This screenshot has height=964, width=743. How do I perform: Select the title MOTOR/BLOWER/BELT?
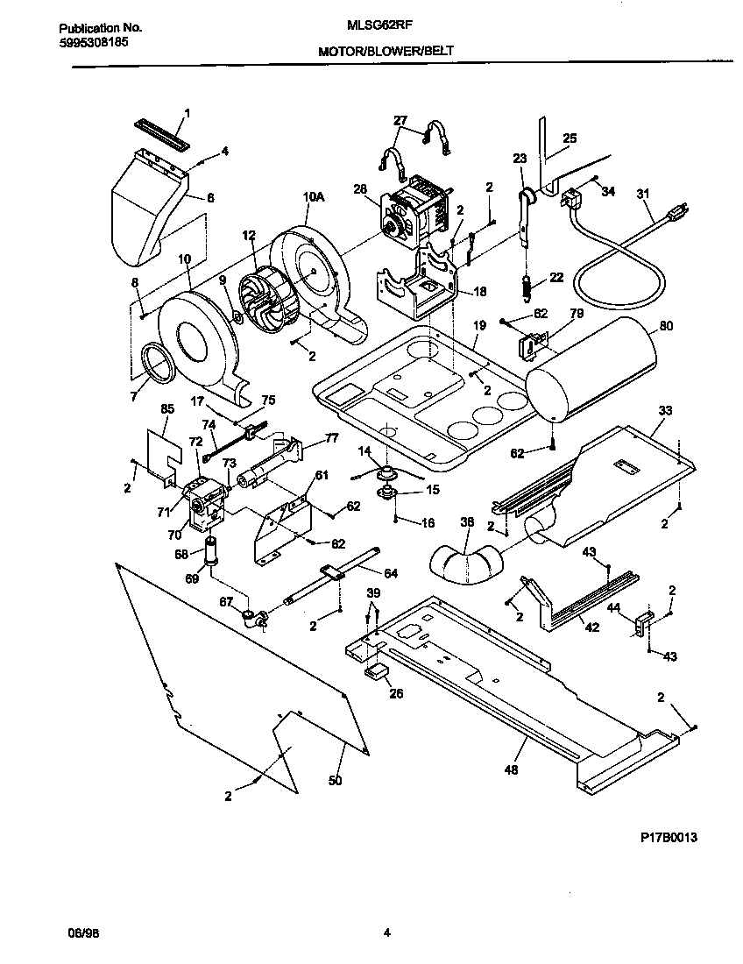[386, 53]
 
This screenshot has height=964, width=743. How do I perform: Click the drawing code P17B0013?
[669, 837]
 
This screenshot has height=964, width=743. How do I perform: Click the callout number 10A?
[314, 199]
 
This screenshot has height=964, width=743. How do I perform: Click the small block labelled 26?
[379, 671]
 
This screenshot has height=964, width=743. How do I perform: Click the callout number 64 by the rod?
[391, 574]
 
